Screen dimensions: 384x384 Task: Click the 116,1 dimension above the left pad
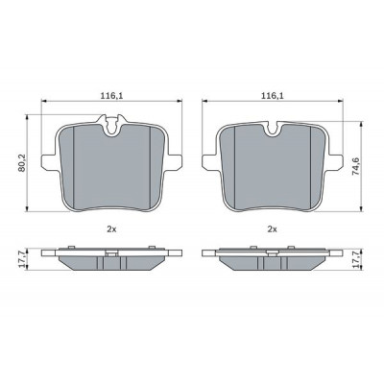(112, 95)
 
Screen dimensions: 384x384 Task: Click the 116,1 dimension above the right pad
(273, 95)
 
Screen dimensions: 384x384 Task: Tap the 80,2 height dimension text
(22, 163)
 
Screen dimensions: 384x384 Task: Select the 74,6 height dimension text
(355, 165)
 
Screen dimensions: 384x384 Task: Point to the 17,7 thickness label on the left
(22, 259)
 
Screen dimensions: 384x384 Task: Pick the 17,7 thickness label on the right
(355, 259)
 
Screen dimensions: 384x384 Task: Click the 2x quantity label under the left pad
(111, 229)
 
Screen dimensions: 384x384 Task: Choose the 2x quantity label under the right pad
(272, 229)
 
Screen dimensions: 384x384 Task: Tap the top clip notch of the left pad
(111, 126)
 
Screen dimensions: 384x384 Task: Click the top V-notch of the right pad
(273, 129)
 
